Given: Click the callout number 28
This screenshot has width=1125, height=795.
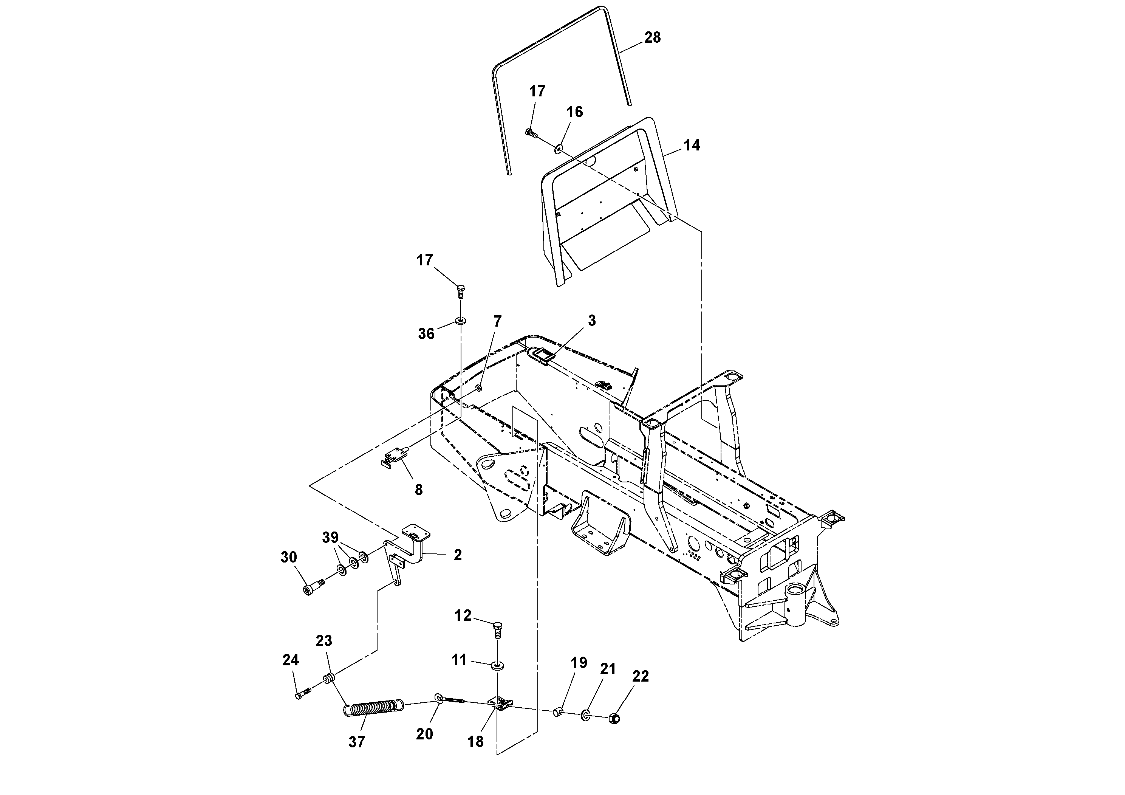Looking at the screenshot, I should pos(652,38).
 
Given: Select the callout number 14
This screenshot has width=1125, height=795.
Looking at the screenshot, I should pos(692,146).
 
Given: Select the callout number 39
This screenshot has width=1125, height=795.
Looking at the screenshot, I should pos(330,537).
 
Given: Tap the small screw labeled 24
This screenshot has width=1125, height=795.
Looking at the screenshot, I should pos(303,694).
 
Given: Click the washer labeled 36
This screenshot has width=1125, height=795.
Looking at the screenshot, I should pos(460,321).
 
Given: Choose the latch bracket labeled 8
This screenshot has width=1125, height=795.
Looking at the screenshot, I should pos(394,459).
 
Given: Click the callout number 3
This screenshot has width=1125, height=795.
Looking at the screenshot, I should pos(591,321).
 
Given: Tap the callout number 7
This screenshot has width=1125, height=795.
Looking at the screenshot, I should pos(497,322).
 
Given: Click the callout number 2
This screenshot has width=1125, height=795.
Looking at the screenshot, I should pos(457,555).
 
